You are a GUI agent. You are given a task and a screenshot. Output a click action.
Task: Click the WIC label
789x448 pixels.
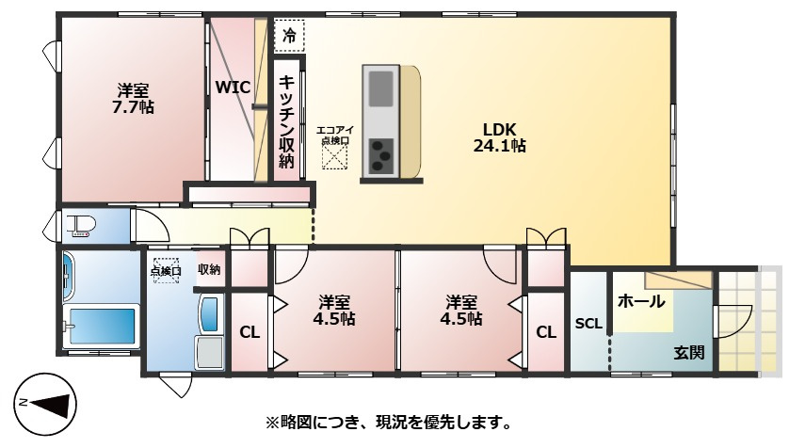[232, 88]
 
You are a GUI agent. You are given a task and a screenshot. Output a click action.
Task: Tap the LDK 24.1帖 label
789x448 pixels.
[499, 137]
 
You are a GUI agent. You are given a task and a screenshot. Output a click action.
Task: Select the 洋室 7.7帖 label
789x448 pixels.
[133, 99]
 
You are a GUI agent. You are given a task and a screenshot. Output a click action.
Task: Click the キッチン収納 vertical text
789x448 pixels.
[287, 120]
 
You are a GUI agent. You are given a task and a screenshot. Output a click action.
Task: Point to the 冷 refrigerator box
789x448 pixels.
[289, 37]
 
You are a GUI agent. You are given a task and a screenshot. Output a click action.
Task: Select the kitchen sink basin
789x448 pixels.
[382, 90]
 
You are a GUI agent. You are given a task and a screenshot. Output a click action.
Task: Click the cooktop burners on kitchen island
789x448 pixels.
[382, 154]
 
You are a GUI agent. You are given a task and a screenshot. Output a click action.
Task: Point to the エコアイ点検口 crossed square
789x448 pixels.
[334, 155]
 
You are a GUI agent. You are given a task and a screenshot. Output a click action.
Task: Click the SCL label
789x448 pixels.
[588, 324]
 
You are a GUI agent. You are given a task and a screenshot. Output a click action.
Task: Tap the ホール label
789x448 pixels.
[641, 302]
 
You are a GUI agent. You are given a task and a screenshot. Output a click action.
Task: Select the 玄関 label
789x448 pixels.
[688, 353]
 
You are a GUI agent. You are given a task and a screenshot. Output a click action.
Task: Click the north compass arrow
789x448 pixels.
[47, 405]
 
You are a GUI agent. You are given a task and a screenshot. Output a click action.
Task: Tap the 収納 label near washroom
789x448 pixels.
[209, 270]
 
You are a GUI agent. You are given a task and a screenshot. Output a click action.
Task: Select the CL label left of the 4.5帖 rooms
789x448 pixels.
[249, 332]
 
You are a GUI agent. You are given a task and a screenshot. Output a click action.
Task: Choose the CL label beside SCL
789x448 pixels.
[546, 332]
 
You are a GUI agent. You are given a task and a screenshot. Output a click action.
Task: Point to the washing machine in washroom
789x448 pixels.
[209, 353]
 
